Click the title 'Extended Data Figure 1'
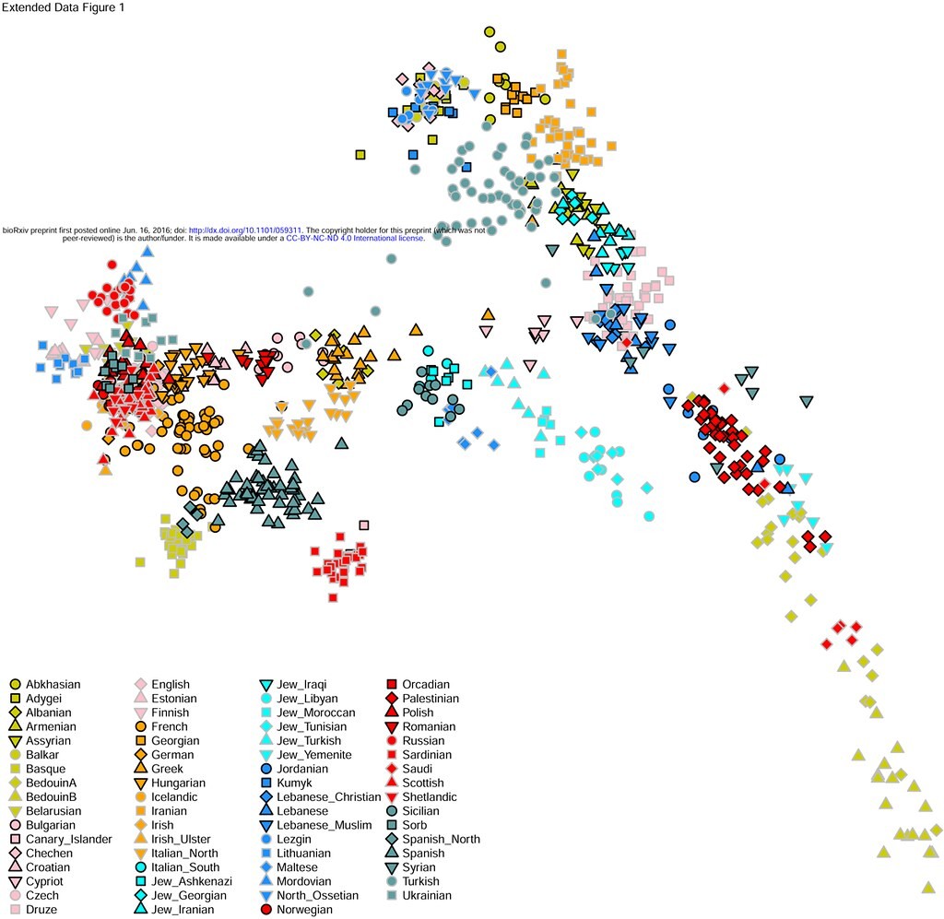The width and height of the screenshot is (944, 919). tap(64, 8)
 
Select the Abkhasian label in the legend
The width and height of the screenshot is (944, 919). tap(53, 684)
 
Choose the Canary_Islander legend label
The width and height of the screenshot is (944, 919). tap(69, 839)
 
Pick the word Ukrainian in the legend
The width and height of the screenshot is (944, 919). tap(428, 895)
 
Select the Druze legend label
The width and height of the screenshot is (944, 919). tap(42, 910)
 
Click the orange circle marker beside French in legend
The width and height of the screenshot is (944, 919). tap(141, 726)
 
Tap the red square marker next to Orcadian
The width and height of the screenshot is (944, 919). tap(391, 684)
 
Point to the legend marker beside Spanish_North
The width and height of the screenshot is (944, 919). tap(391, 839)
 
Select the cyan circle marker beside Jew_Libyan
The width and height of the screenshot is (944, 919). tap(266, 699)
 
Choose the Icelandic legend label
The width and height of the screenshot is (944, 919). tap(174, 796)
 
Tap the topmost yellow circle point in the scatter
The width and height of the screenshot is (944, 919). tap(490, 32)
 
